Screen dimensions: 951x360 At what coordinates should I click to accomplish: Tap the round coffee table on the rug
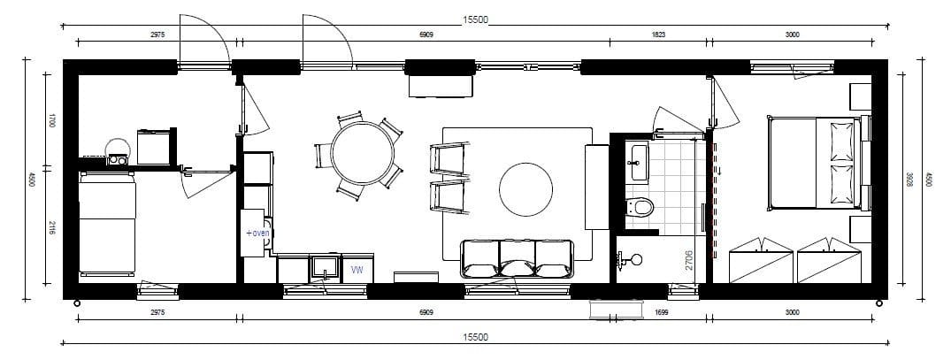point(525,189)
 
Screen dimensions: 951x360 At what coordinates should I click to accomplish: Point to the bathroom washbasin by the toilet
point(639,163)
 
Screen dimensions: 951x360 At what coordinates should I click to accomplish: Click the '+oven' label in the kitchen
point(257,233)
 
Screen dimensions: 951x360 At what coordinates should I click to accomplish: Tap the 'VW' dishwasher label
point(357,271)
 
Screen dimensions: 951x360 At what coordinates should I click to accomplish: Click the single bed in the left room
point(107,224)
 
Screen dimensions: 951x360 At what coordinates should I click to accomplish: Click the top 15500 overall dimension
point(475,19)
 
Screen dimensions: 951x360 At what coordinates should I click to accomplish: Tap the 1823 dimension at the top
point(658,34)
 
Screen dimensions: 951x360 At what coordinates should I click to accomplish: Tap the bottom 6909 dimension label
point(427,313)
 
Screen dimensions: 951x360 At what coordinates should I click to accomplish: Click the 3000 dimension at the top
point(792,34)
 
